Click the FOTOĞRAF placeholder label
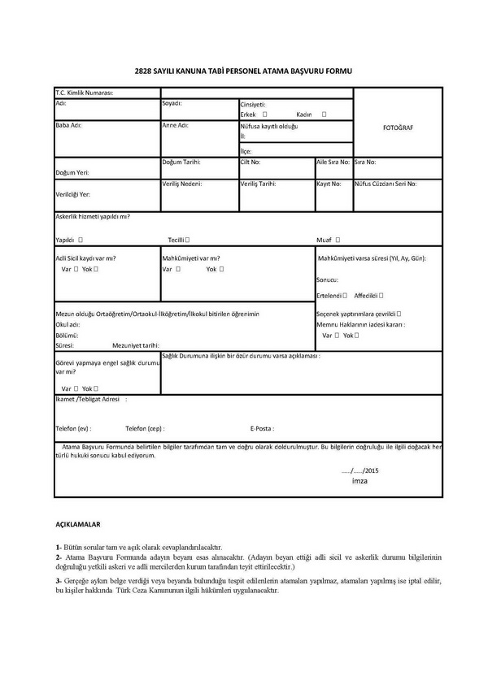(398, 128)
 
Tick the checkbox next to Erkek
(265, 115)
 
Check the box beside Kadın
(325, 115)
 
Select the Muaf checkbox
(338, 240)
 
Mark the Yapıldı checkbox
(81, 240)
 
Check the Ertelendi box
(345, 295)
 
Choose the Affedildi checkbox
(381, 295)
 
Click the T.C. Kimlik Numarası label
(84, 93)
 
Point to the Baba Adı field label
(68, 125)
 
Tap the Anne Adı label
(175, 125)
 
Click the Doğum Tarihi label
(181, 162)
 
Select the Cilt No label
(250, 162)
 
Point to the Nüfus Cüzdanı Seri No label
(386, 184)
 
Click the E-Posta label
(262, 427)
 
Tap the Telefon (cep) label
(146, 427)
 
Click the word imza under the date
(359, 481)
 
